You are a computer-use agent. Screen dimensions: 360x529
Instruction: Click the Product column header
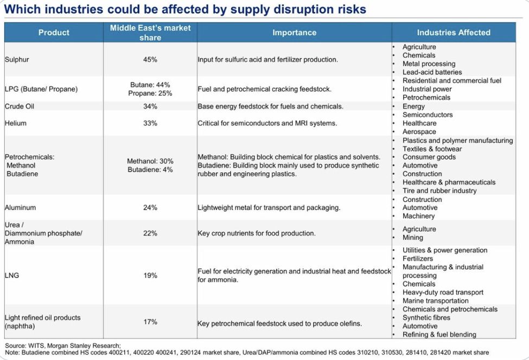click(x=54, y=33)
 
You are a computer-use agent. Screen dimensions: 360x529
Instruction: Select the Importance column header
click(x=294, y=33)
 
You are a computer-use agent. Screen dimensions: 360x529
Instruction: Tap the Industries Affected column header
click(x=454, y=33)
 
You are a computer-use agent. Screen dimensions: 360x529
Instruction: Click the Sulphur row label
click(x=17, y=59)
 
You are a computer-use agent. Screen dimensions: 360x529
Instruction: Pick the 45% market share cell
click(x=150, y=59)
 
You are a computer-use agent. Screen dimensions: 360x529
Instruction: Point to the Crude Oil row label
click(x=20, y=106)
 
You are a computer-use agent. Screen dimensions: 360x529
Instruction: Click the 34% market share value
click(x=150, y=106)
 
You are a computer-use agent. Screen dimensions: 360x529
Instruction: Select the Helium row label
click(x=16, y=123)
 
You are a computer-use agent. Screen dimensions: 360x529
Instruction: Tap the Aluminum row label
click(x=21, y=207)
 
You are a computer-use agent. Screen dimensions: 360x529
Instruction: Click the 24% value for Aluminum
click(x=150, y=207)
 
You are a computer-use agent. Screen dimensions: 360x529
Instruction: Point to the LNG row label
click(x=12, y=275)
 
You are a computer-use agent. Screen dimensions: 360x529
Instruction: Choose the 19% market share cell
click(x=150, y=275)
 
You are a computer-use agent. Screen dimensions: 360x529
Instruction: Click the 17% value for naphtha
click(x=150, y=322)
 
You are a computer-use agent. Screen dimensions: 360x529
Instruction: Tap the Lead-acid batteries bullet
click(x=432, y=72)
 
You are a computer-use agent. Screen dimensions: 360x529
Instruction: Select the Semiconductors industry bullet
click(x=428, y=115)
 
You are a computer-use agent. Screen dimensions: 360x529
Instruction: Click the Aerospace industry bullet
click(x=419, y=131)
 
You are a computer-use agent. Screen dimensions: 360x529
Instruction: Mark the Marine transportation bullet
click(x=435, y=301)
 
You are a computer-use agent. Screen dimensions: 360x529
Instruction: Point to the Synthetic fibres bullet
click(x=426, y=318)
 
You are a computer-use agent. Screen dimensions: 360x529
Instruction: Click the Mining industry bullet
click(x=413, y=237)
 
